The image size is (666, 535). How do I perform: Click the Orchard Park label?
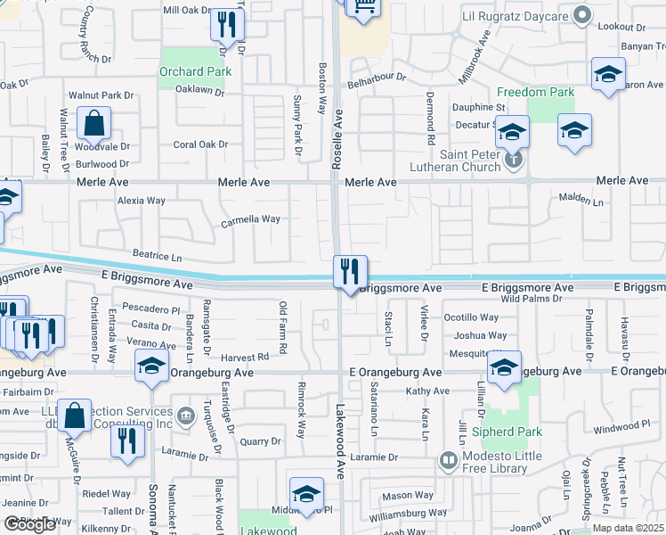[x=195, y=71]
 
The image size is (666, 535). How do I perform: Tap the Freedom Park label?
[x=535, y=92]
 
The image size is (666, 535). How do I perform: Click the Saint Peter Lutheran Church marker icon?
[x=513, y=160]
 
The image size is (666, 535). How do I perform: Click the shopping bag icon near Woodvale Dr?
[x=93, y=123]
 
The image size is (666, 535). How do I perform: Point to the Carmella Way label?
[x=251, y=218]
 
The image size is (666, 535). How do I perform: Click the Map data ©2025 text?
[x=628, y=528]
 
